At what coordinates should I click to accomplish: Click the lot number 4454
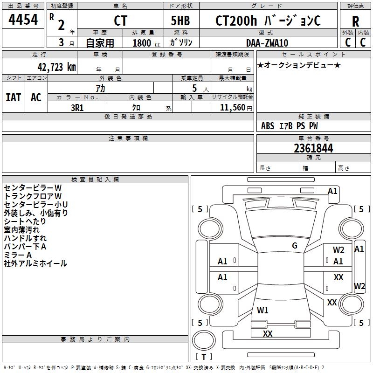click(23, 19)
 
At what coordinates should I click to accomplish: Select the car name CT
click(120, 21)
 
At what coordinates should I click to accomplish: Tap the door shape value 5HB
click(180, 21)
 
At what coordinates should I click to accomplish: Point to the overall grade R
click(355, 21)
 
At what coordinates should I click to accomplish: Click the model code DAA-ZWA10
click(267, 43)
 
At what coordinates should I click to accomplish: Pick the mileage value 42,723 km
click(56, 67)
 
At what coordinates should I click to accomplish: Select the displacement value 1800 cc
click(146, 43)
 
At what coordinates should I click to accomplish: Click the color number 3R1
click(77, 108)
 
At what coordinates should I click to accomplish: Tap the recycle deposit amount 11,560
click(232, 108)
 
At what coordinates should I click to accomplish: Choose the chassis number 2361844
click(313, 148)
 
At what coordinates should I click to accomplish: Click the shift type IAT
click(14, 97)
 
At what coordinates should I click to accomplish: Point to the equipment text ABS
click(268, 126)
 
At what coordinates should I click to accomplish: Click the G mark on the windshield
click(295, 246)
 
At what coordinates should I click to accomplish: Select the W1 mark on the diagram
click(262, 310)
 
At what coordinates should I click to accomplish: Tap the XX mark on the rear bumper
click(268, 333)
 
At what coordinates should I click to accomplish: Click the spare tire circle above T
click(204, 340)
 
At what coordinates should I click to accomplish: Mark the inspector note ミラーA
click(18, 255)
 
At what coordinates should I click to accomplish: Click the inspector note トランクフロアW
click(33, 196)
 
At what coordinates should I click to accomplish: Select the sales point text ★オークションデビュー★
click(299, 65)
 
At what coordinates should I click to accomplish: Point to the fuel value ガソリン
click(181, 42)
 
